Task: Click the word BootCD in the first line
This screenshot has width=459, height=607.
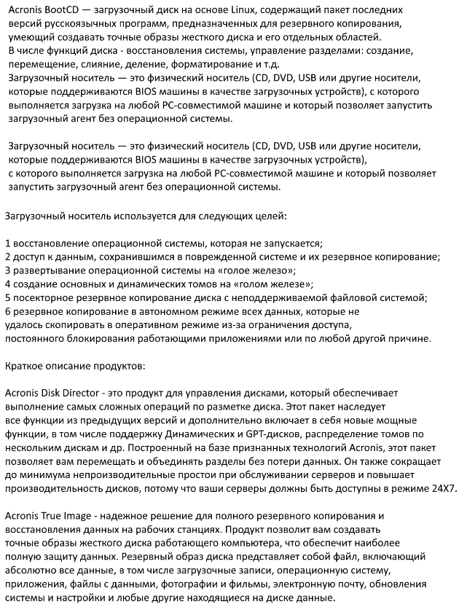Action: coord(63,10)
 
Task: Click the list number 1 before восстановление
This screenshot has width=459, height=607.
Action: coord(7,243)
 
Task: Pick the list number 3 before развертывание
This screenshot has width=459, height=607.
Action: coord(7,270)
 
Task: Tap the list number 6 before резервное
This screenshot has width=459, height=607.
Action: coord(7,311)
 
